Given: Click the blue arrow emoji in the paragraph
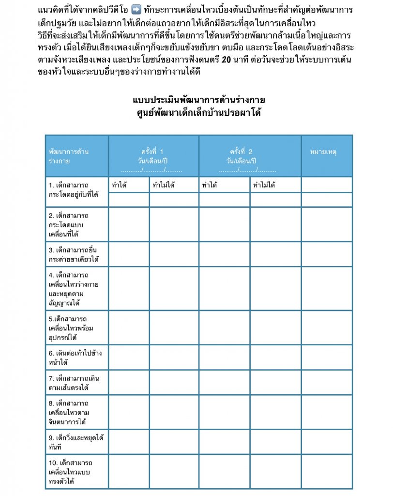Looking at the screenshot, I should [x=136, y=10].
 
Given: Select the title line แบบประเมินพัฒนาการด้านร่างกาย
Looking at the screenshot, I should [x=199, y=100].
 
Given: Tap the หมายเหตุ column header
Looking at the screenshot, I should [x=326, y=152].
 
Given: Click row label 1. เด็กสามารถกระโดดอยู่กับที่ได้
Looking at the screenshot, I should [x=74, y=189].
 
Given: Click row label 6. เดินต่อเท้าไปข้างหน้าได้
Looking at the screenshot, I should [x=74, y=357].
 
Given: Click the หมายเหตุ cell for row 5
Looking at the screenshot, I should [x=326, y=327].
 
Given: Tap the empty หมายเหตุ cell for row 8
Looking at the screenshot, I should [x=326, y=412].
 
